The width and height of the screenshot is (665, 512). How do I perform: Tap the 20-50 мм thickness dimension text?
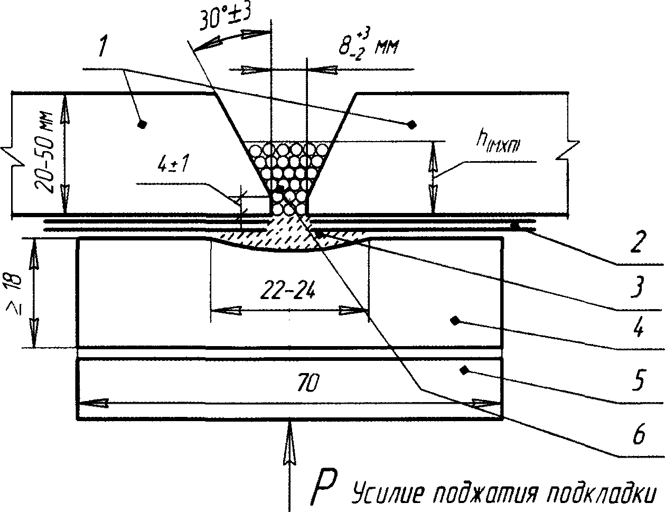tap(45, 153)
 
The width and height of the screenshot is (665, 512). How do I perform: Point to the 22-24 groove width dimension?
tap(288, 290)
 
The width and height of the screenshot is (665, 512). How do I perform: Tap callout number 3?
tap(639, 288)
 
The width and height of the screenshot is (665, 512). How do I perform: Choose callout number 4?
tap(639, 330)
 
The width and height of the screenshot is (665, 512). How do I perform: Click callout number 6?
tap(639, 436)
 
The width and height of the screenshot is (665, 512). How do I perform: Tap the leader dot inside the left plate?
tap(141, 124)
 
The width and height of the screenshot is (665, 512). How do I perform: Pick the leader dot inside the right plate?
tap(411, 124)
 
